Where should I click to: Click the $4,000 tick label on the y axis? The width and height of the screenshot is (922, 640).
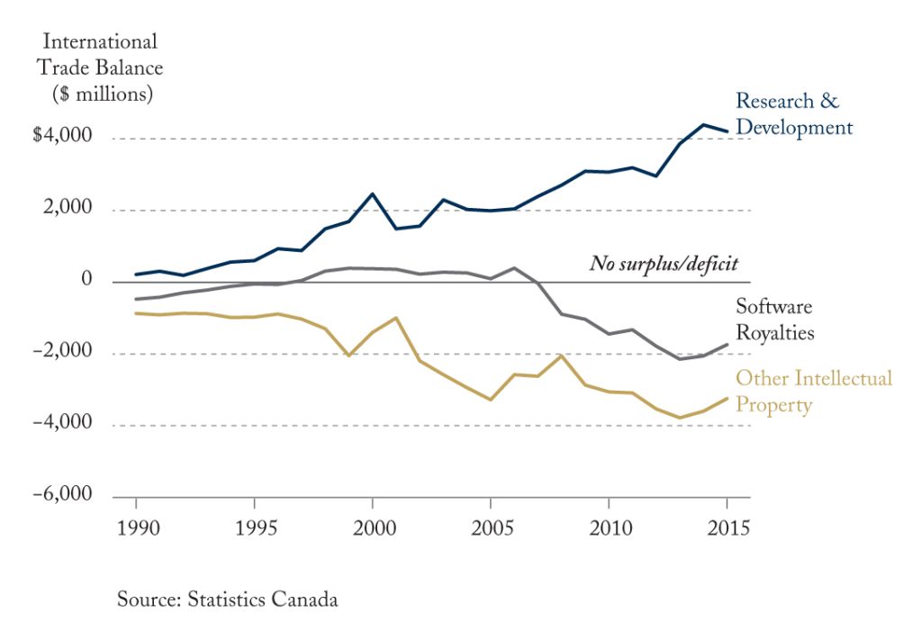(x=62, y=135)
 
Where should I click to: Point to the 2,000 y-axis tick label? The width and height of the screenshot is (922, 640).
(x=68, y=207)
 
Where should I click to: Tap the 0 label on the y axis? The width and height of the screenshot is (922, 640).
(x=86, y=278)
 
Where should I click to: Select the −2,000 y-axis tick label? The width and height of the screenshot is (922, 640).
(x=62, y=351)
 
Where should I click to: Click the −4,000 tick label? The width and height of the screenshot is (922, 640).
(x=62, y=422)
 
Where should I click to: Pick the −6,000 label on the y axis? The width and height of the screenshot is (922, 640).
(x=62, y=493)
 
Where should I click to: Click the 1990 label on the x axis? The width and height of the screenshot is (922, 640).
(x=138, y=527)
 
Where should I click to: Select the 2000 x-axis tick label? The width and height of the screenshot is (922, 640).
(x=375, y=527)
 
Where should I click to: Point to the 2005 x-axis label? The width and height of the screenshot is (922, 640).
(x=493, y=527)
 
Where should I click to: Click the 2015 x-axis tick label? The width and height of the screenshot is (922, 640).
(x=728, y=527)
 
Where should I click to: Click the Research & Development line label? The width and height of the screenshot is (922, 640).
(x=794, y=114)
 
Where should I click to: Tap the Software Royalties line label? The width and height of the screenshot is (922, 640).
(x=775, y=320)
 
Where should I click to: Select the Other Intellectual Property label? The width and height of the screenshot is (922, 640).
(x=814, y=392)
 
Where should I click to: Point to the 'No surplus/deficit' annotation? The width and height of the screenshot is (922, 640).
(x=664, y=263)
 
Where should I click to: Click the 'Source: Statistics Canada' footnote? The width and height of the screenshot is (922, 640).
(x=228, y=599)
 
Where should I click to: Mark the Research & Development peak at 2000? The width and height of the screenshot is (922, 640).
(x=372, y=194)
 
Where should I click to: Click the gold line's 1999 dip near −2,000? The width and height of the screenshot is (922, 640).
(x=348, y=356)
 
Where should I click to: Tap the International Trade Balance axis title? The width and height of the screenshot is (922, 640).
(x=100, y=68)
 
